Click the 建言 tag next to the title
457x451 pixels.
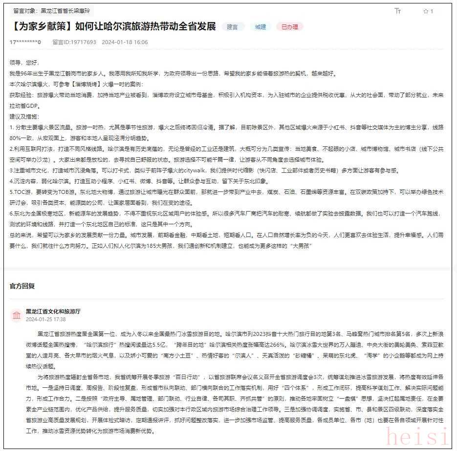pos(233,27)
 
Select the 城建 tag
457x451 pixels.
pos(261,27)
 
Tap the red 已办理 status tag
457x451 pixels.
pos(289,27)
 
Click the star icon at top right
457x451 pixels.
pos(426,11)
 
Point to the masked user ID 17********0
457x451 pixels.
pos(25,42)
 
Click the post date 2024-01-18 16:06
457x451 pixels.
pos(125,42)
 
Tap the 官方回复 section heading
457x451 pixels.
pos(22,286)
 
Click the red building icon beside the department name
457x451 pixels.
pos(17,314)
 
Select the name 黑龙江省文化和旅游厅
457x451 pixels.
pos(53,311)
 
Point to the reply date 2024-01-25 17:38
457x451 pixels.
pos(45,319)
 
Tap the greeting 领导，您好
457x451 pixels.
pos(24,63)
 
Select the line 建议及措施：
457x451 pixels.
pos(24,117)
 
